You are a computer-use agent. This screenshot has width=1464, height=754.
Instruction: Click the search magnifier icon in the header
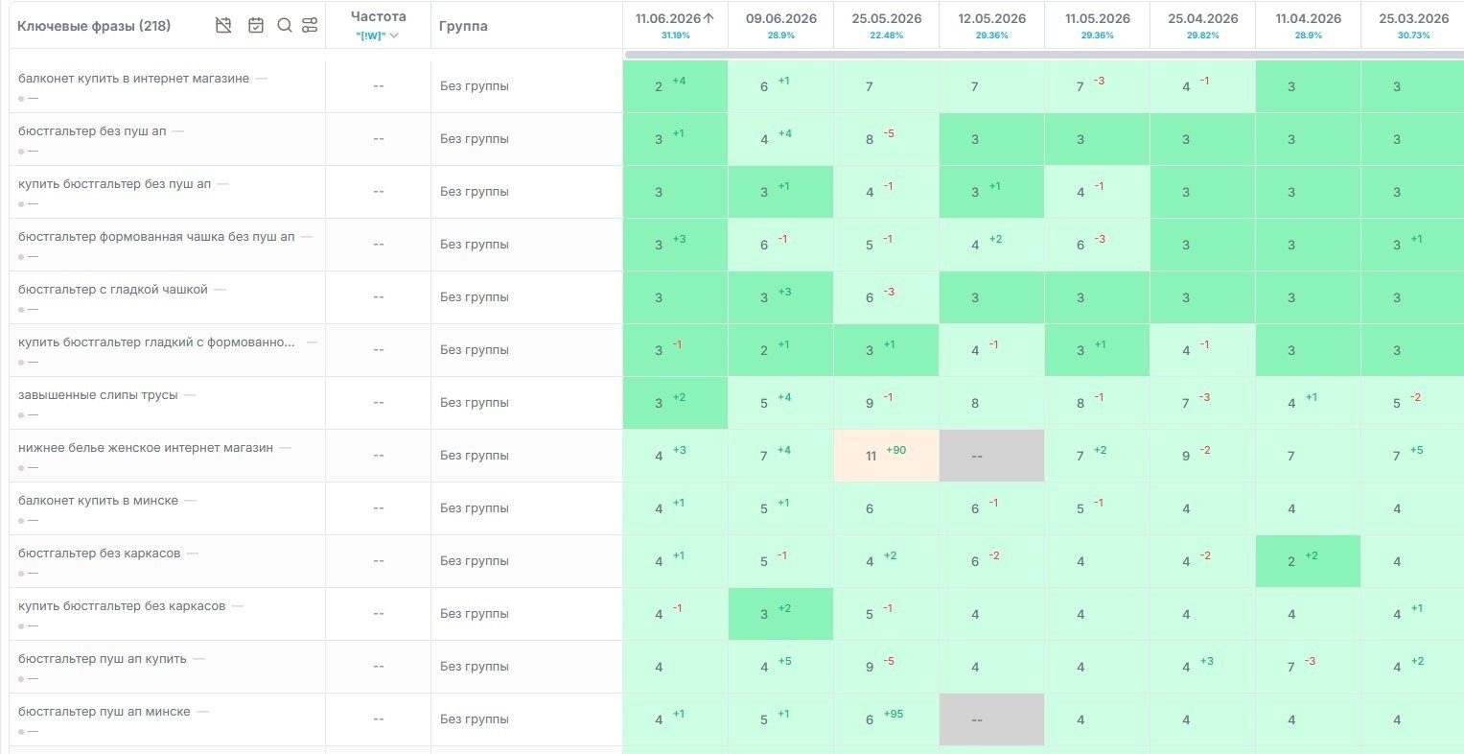(x=285, y=26)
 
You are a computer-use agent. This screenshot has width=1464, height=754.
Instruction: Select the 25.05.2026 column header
(x=886, y=19)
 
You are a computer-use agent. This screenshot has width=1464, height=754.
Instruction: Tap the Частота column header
(x=379, y=17)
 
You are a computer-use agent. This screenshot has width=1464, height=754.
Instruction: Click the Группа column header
(x=463, y=26)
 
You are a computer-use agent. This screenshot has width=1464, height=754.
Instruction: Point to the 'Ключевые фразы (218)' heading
(x=93, y=26)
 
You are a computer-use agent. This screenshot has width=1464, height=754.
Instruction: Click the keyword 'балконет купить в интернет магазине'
(x=133, y=79)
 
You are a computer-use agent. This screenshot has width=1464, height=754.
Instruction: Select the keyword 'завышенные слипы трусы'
(x=98, y=395)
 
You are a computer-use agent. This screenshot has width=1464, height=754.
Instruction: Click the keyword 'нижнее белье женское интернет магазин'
(x=146, y=448)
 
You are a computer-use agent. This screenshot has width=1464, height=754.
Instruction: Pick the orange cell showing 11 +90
(x=886, y=456)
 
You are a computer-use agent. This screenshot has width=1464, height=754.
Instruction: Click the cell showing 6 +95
(x=886, y=719)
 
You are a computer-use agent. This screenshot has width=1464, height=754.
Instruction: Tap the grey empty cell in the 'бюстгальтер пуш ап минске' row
(x=991, y=719)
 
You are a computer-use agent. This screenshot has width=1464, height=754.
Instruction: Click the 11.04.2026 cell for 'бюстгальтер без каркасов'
(x=1308, y=561)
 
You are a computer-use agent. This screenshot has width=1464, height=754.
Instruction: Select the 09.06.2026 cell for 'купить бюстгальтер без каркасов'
(x=781, y=614)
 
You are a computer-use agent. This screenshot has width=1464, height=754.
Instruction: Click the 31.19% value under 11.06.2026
(x=675, y=35)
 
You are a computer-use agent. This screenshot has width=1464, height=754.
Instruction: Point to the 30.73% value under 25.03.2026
(x=1413, y=35)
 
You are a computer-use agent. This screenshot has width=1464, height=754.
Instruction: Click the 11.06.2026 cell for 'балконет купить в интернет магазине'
(x=675, y=86)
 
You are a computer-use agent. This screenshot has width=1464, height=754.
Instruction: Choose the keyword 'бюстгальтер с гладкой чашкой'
(x=112, y=290)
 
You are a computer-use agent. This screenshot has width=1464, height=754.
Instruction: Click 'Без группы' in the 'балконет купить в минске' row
(x=474, y=508)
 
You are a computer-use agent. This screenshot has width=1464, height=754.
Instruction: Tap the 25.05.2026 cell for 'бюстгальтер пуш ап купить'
(x=886, y=667)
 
